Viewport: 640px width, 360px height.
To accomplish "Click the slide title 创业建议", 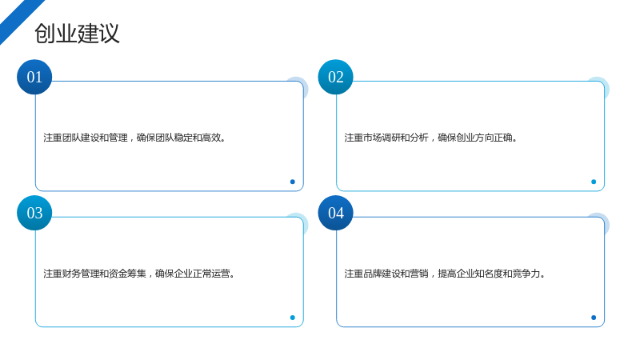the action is pos(77,34).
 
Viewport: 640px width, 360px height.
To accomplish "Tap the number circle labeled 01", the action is pos(34,77).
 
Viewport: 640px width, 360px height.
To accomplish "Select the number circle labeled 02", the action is pos(335,77).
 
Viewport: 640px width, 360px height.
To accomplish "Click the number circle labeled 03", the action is pos(34,213).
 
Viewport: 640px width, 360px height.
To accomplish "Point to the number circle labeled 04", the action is pos(335,213).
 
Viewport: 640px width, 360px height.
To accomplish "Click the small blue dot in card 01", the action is pos(292,182).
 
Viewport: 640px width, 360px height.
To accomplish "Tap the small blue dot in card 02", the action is pos(594,182).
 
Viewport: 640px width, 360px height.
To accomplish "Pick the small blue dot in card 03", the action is pos(292,318).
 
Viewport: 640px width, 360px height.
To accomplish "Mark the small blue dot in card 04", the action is pos(594,318).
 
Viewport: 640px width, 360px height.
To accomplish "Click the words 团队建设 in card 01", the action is pos(81,138).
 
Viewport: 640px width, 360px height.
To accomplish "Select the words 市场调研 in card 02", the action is pos(382,138).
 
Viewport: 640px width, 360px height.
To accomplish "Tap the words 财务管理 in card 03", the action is pos(81,274).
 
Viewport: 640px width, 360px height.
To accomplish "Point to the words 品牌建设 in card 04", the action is pos(382,274).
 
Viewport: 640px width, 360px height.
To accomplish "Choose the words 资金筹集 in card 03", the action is pos(127,274).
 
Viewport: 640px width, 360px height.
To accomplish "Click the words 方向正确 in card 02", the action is pos(494,138).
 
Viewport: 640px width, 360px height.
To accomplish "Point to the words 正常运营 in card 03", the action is pos(211,274).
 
